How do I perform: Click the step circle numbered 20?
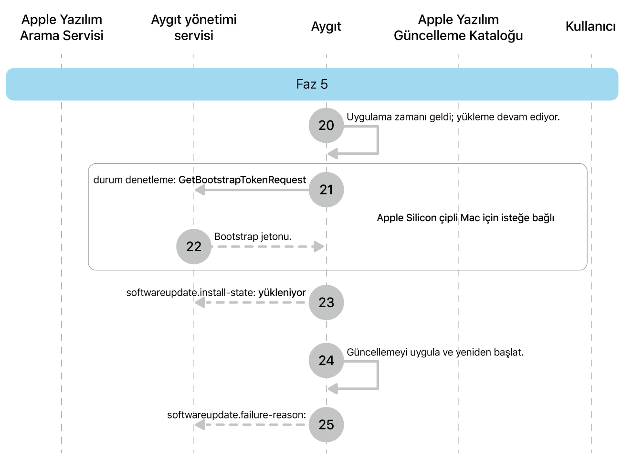[326, 125]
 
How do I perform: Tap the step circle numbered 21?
[326, 190]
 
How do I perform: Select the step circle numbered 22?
[193, 246]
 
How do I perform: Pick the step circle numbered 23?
[326, 302]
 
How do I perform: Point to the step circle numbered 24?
[326, 360]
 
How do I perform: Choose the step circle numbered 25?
[326, 424]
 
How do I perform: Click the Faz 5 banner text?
[312, 85]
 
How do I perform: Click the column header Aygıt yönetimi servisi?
[193, 27]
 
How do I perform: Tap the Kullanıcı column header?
[590, 27]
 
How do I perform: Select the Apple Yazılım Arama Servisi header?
[62, 27]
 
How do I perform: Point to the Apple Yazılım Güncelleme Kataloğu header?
[458, 27]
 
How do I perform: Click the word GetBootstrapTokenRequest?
[242, 180]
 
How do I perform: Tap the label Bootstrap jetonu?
[253, 237]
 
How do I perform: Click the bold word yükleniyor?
[282, 293]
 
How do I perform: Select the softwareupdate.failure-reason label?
[236, 415]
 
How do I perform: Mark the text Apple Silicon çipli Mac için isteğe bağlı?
[465, 218]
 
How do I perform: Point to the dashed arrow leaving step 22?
[267, 246]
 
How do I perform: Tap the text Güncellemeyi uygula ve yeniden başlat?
[435, 353]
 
